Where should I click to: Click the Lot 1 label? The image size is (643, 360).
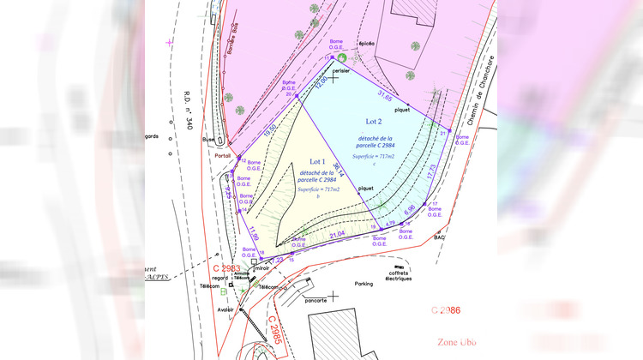click(x=317, y=161)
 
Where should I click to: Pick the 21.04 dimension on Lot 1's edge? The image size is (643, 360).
click(x=337, y=234)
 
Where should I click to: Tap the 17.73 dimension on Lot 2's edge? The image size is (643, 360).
click(x=431, y=171)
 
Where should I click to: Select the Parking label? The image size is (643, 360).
click(x=364, y=283)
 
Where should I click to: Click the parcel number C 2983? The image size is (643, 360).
click(x=217, y=268)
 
